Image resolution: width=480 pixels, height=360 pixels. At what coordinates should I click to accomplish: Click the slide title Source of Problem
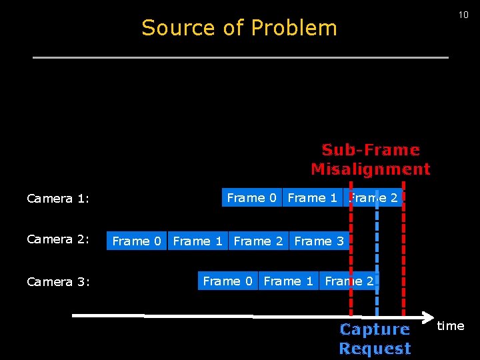pos(239,28)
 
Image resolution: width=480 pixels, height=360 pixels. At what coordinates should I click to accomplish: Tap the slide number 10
pos(463,15)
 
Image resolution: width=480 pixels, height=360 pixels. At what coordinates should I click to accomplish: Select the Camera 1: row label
pos(58,199)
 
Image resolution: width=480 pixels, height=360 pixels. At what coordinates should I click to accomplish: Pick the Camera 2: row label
pos(58,239)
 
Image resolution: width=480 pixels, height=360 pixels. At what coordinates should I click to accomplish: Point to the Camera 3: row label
pos(58,281)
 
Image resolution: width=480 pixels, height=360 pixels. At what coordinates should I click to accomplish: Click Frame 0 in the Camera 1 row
pos(251,198)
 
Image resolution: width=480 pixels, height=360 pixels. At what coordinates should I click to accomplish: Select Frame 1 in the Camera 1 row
pos(312,198)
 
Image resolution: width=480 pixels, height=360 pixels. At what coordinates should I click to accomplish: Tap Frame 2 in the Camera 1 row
pos(373,198)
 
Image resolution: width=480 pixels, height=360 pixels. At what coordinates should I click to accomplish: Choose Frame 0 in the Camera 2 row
pos(137,241)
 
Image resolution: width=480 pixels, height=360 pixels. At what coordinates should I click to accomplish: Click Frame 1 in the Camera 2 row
pos(197,241)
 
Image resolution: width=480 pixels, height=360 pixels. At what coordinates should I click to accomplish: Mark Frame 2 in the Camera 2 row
pos(258,241)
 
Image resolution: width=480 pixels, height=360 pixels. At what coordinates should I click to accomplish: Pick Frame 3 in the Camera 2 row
pos(319,241)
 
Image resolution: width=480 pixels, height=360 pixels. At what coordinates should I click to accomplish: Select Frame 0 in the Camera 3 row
pos(227,281)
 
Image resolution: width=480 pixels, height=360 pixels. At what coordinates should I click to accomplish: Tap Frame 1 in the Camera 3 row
pos(288,281)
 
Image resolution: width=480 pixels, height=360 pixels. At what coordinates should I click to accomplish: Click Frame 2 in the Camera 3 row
pos(349,281)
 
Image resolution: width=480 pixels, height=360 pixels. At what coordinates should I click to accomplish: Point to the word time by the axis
pos(451,326)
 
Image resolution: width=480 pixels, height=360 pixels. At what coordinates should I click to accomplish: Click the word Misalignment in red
pos(371,169)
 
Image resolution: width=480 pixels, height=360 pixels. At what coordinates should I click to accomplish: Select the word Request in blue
pos(375,348)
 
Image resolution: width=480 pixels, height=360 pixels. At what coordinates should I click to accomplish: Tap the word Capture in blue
pos(375,329)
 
